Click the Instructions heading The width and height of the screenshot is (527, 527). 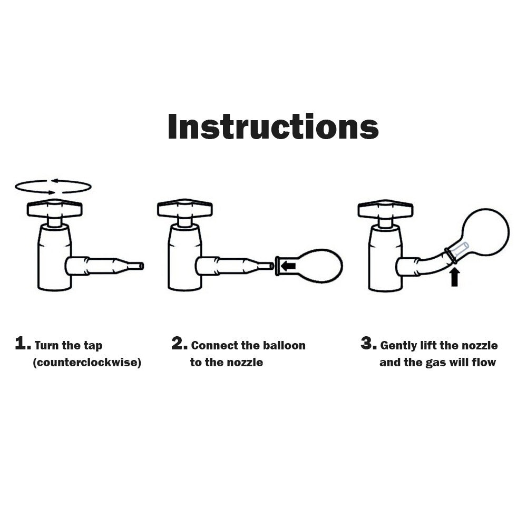click(x=273, y=126)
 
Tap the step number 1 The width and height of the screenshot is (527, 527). click(x=23, y=344)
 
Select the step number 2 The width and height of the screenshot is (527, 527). click(x=179, y=344)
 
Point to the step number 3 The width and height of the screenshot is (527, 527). click(x=368, y=344)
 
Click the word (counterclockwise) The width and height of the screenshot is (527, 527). click(x=87, y=363)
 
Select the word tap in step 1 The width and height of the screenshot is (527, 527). click(x=93, y=346)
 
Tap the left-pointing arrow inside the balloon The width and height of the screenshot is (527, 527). click(x=288, y=266)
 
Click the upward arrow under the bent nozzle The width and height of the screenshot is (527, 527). click(x=454, y=277)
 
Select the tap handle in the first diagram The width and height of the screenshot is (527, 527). click(x=54, y=208)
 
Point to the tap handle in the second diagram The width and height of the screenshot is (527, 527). click(x=184, y=208)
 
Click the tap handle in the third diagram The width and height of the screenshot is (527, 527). click(x=386, y=208)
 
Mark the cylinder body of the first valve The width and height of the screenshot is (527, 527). click(x=54, y=257)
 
